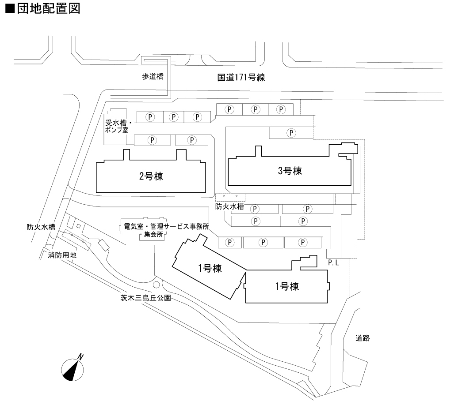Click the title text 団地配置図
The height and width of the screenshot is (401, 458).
point(49,9)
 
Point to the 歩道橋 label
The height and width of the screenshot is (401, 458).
point(153,76)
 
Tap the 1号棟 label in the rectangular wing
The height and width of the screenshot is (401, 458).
point(287,286)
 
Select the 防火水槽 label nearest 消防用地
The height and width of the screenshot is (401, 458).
point(41,228)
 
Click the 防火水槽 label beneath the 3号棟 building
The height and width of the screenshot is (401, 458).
point(229,206)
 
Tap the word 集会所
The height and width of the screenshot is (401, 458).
point(153,235)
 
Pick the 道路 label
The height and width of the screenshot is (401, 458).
point(362,338)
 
